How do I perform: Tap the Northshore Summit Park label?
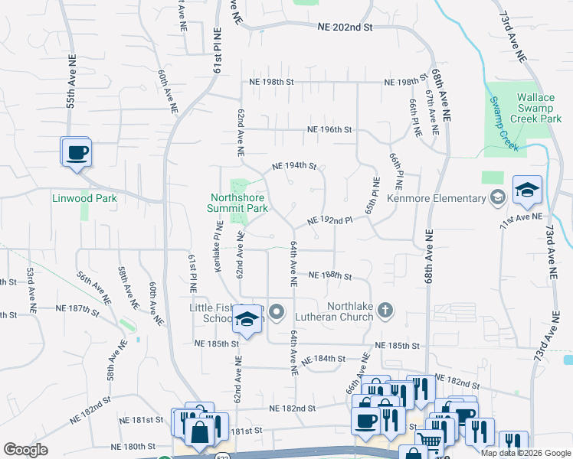(239, 202)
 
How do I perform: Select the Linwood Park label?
(84, 198)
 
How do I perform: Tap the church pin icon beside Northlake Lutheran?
(385, 310)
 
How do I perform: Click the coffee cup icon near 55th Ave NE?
(77, 153)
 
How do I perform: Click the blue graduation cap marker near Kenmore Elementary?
(527, 193)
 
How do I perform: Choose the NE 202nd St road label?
(345, 27)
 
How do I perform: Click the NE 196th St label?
(329, 130)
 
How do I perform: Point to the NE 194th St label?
(295, 165)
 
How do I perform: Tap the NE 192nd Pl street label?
(329, 220)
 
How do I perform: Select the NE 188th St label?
(329, 275)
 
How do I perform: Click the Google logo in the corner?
(25, 450)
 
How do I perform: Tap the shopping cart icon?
(429, 441)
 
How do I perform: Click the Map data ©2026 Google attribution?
(525, 453)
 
